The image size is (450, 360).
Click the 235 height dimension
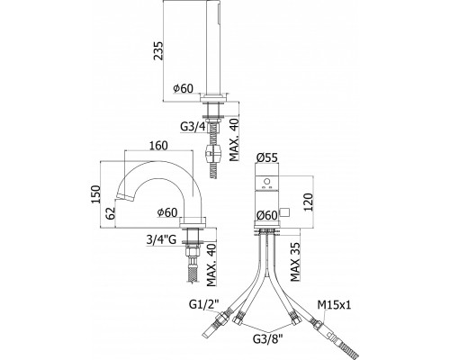(158, 50)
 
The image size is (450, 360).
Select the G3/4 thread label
(193, 127)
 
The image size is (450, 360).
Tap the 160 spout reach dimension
(158, 145)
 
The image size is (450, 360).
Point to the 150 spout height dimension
(95, 194)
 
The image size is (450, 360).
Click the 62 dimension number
(111, 213)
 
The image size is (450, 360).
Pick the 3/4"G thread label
(161, 239)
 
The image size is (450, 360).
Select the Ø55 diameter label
(266, 157)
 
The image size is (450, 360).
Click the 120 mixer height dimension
(309, 202)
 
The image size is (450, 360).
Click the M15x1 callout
(335, 305)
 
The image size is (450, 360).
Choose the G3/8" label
(268, 339)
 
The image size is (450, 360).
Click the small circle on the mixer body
(266, 182)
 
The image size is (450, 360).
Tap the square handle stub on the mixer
(284, 212)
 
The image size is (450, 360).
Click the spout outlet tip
(124, 198)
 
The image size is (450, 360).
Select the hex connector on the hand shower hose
(212, 153)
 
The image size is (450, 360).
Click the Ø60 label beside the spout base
(167, 212)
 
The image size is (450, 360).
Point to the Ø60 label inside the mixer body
(266, 215)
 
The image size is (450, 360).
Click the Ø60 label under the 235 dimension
(183, 88)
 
